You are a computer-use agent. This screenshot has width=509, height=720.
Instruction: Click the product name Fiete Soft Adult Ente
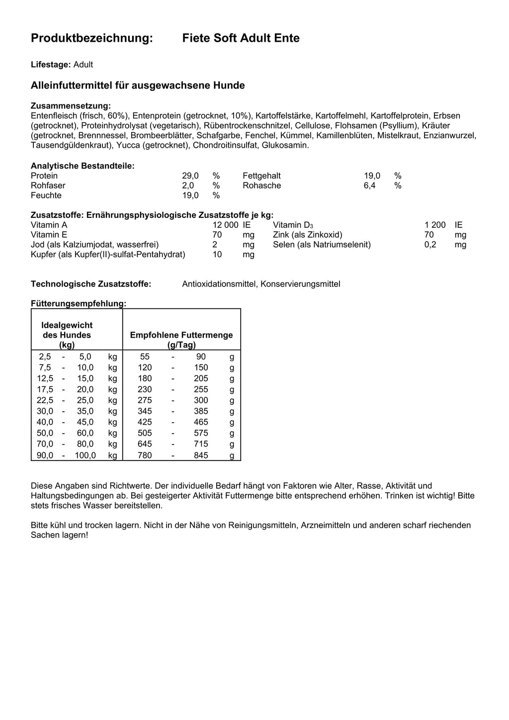tap(241, 38)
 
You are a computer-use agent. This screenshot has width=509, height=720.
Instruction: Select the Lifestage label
tap(51, 65)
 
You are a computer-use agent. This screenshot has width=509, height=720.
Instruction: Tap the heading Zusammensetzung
tap(71, 106)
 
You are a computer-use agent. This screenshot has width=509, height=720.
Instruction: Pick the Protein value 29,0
tap(190, 176)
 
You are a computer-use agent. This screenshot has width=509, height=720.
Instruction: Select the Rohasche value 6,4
tap(369, 185)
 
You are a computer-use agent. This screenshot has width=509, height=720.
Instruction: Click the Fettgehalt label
tap(261, 176)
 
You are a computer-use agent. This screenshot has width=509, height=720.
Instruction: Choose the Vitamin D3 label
tap(293, 225)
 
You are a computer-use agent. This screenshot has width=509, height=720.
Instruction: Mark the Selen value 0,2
tap(430, 245)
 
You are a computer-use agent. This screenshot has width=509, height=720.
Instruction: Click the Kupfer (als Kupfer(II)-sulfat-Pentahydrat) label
tap(108, 255)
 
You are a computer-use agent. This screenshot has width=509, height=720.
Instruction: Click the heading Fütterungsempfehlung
tap(79, 303)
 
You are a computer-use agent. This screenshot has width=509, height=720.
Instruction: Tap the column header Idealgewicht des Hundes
tap(67, 335)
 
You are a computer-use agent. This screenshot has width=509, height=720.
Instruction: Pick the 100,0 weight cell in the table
tap(85, 455)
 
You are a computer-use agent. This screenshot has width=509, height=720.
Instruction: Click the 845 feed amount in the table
tap(201, 455)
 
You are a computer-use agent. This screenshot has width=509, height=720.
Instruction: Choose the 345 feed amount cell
tap(145, 411)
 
